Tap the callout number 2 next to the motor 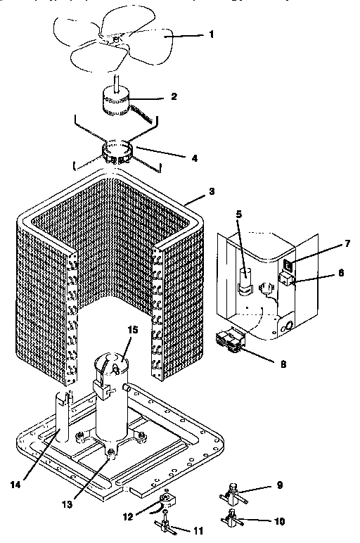(x=173, y=96)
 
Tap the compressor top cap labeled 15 (x=112, y=366)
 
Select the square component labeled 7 (x=288, y=266)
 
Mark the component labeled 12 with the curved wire (x=166, y=501)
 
